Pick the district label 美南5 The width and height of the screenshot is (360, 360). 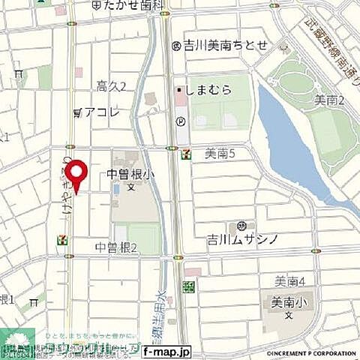pyautogui.click(x=220, y=153)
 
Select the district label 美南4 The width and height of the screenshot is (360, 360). pyautogui.click(x=289, y=283)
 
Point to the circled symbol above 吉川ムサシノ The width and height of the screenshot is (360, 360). pyautogui.click(x=241, y=226)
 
